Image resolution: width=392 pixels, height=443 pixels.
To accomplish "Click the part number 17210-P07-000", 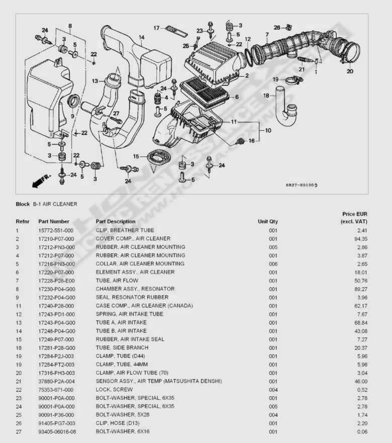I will [56, 239].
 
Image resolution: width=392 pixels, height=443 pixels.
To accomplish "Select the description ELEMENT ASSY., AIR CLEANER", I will [135, 272].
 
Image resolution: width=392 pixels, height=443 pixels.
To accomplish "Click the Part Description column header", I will [116, 221].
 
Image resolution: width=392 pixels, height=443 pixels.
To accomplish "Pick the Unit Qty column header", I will [267, 221].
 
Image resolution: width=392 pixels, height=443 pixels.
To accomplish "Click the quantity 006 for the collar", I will [272, 264].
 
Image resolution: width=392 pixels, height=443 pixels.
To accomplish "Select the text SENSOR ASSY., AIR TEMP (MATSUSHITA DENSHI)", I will [159, 381].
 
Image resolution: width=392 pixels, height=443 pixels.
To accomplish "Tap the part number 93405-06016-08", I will [58, 431].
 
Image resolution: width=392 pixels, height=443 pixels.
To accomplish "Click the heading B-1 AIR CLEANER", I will [55, 204].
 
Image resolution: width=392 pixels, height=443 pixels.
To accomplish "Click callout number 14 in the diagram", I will [142, 37].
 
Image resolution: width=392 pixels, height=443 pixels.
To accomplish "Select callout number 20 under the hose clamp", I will [350, 71].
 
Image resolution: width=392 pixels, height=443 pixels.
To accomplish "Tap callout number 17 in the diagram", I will [156, 28].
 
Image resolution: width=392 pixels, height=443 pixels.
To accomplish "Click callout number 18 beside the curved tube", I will [266, 96].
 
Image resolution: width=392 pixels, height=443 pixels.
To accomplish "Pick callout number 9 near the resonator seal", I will [72, 116].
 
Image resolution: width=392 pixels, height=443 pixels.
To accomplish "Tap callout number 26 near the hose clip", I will [276, 27].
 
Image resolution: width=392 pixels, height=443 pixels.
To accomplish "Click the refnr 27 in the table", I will [18, 431].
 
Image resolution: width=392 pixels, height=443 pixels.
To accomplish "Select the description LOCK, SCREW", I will [114, 390].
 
